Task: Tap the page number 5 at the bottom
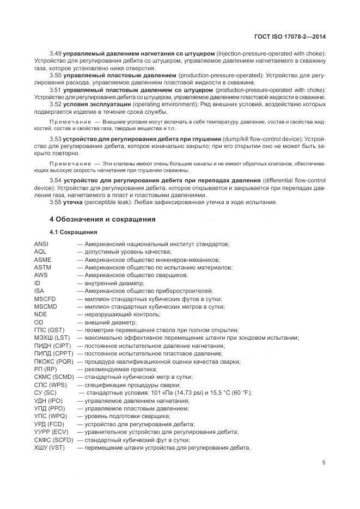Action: (324, 463)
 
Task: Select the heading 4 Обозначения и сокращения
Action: (102, 219)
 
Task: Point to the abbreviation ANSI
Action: (41, 244)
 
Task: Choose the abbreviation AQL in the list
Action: (40, 252)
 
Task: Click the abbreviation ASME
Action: (42, 260)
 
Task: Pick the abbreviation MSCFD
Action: (45, 299)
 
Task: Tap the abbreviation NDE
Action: (40, 314)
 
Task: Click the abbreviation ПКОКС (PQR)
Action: (53, 361)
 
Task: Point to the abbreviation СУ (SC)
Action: (45, 393)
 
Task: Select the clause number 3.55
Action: (55, 203)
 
